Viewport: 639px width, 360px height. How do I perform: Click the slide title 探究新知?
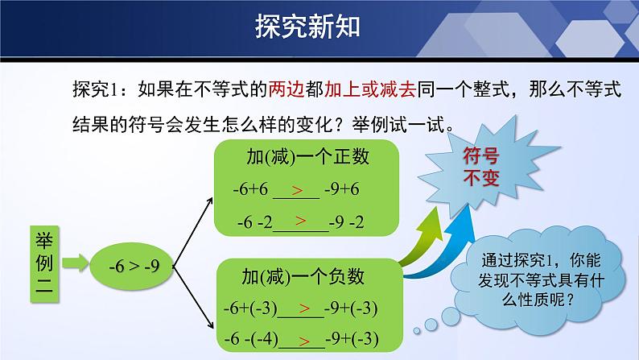coord(307,27)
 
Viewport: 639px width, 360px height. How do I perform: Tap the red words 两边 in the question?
coord(287,89)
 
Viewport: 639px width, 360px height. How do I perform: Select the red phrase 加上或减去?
coord(370,89)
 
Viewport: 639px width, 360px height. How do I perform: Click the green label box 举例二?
coord(44,264)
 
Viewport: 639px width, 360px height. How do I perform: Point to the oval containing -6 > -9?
coord(132,267)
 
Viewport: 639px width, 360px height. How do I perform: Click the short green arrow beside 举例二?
coord(76,263)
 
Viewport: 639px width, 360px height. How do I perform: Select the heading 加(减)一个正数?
coord(307,156)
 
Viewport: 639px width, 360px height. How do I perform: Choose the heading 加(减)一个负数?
coord(303,276)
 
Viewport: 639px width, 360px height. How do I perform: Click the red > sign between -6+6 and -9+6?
coord(297,190)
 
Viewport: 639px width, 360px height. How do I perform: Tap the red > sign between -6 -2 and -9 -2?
coord(301,221)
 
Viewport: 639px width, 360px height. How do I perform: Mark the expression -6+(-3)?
coord(250,308)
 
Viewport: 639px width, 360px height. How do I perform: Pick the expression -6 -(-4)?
coord(251,339)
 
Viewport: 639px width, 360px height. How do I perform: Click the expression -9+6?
coord(342,189)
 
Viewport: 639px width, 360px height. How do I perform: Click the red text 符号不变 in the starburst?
coord(481,168)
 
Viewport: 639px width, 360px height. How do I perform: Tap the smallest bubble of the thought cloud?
coord(417,331)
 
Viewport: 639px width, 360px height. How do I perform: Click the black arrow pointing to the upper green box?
coord(193,233)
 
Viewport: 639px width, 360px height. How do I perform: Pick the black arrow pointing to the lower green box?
coord(193,298)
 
